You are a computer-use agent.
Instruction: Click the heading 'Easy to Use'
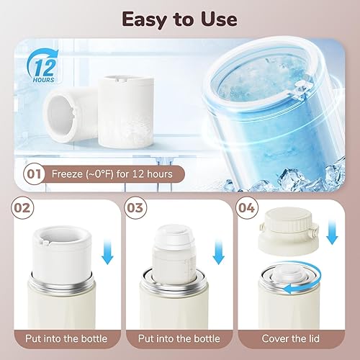[180, 18]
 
